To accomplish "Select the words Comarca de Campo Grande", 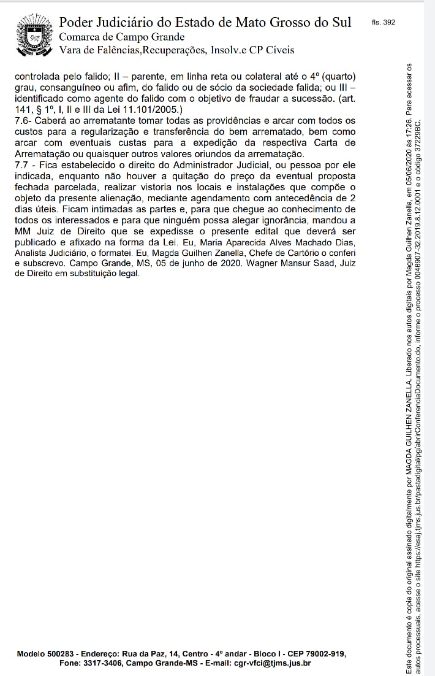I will (x=121, y=37).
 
